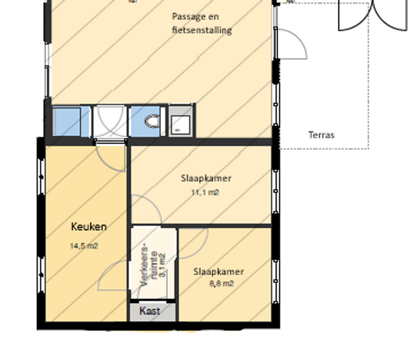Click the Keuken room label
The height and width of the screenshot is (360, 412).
tap(89, 227)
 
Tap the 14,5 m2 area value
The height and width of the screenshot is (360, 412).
tap(84, 246)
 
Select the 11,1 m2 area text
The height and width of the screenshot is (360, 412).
tap(205, 192)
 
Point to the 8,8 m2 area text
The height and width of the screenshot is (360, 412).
tap(222, 284)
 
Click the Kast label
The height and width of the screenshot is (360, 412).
tap(150, 311)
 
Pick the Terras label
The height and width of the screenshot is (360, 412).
tap(321, 135)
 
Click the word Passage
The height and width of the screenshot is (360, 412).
tap(189, 16)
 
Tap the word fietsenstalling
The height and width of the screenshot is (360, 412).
tap(202, 30)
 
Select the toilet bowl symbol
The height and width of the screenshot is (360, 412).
tap(152, 122)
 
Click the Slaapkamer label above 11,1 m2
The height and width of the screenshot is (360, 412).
tap(206, 179)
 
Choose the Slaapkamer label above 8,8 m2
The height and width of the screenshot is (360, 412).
tap(218, 271)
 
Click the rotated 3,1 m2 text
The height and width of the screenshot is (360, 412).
tap(162, 265)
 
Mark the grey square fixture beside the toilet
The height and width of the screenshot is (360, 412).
tap(181, 121)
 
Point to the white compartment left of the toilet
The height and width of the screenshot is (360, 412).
tap(110, 121)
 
